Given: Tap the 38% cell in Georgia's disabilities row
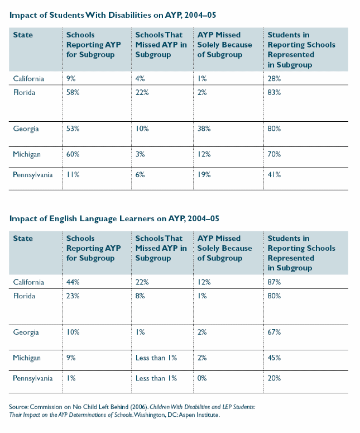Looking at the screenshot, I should tap(205, 129).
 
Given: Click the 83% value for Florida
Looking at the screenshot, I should tap(275, 92).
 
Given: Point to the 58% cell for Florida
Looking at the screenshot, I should tap(73, 92).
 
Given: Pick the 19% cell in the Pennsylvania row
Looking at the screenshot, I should tap(205, 175).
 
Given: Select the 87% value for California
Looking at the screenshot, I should tap(275, 283).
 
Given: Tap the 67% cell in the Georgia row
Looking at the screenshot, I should tap(275, 332).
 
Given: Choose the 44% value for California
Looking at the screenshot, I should tap(73, 283).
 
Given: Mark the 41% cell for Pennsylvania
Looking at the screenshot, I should tap(274, 175).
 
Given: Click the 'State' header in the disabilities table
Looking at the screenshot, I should tap(23, 35).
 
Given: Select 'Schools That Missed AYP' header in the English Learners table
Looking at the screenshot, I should tap(161, 248).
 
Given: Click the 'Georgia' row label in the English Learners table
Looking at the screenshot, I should tap(26, 332).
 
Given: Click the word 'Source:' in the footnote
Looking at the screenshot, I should tap(20, 407).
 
